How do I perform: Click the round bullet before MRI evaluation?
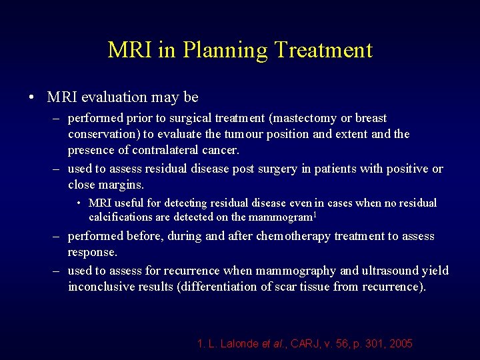tap(32, 97)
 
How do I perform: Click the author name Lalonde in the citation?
tap(239, 344)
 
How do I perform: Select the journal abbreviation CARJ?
tap(307, 344)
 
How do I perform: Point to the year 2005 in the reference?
tap(400, 344)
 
